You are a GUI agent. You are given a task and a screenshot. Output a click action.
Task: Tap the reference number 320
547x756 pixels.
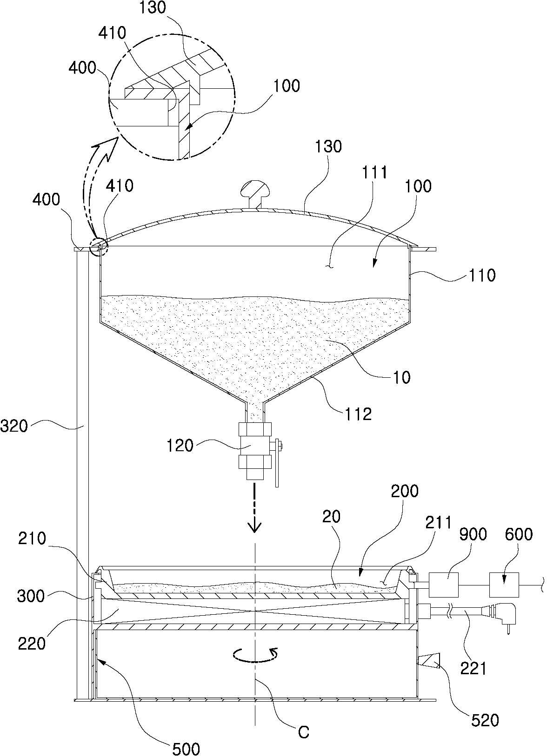14,426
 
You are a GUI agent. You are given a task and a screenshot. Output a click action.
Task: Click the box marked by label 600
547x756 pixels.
504,585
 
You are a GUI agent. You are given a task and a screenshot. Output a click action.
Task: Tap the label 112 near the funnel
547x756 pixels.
358,414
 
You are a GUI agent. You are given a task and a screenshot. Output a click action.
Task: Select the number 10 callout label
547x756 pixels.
402,377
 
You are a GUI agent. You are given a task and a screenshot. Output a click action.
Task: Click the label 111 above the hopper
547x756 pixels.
374,172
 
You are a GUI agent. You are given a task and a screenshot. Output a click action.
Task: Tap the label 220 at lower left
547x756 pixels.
32,644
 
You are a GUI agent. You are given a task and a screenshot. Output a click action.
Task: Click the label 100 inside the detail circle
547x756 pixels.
286,85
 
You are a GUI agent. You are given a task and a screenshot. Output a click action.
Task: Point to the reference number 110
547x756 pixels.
482,276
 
